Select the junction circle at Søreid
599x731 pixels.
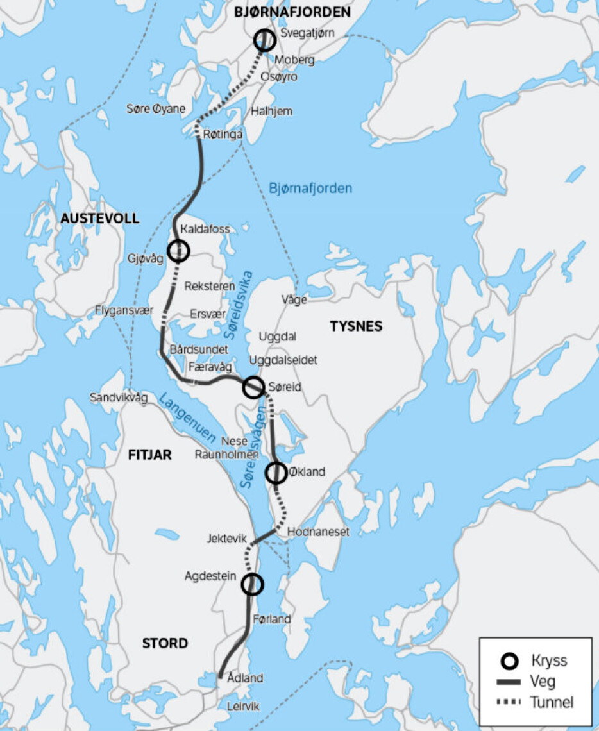[253, 387]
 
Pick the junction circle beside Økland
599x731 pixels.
[276, 473]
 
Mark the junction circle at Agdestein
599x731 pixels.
[253, 584]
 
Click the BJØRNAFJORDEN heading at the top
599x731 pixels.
[292, 12]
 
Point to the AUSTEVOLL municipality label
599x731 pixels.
[99, 219]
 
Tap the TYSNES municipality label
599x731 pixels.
[356, 326]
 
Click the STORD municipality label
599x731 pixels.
[165, 643]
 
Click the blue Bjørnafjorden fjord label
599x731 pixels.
[310, 189]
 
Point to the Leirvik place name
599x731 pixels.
[244, 706]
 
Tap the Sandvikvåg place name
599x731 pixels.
[119, 398]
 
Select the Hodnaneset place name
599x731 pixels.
[318, 532]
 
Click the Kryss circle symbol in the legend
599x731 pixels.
[510, 661]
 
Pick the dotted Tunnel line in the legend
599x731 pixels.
[510, 702]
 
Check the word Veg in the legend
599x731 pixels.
[543, 682]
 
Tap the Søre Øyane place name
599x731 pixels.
[156, 109]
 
